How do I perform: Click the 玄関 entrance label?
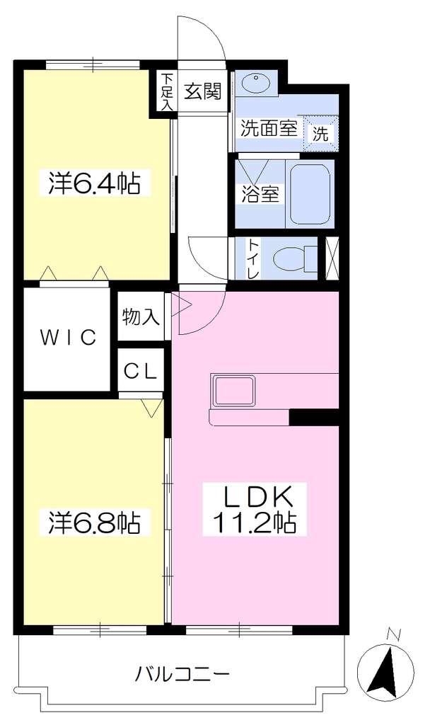[x=203, y=91]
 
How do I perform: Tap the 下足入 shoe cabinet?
[x=166, y=91]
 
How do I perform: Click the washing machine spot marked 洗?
[x=321, y=132]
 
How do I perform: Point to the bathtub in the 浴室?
[x=310, y=194]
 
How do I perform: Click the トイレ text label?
[x=254, y=259]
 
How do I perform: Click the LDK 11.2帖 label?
[x=254, y=510]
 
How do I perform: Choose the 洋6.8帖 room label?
[x=94, y=522]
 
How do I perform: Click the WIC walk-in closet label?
[x=69, y=338]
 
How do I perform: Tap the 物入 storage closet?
[x=141, y=316]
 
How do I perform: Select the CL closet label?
[x=141, y=371]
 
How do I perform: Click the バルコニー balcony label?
[x=182, y=675]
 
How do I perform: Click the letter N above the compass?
[x=393, y=634]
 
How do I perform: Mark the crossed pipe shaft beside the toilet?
[x=332, y=258]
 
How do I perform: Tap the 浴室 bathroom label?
[x=260, y=194]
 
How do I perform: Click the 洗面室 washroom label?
[x=268, y=128]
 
